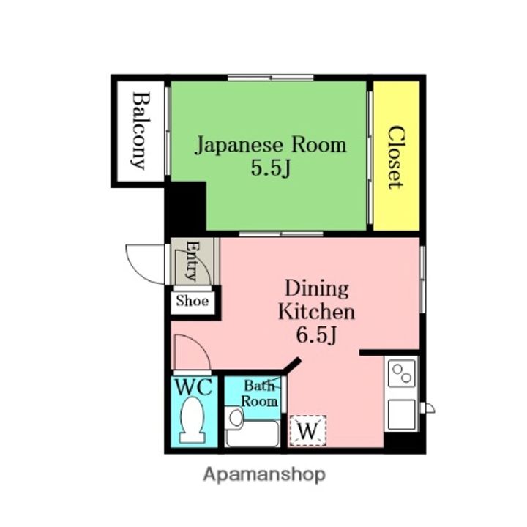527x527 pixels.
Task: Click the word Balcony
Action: [141, 131]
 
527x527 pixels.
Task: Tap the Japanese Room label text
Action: [271, 145]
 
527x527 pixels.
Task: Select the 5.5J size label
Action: [271, 168]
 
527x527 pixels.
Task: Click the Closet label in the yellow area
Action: [396, 157]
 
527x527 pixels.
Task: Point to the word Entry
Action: [193, 260]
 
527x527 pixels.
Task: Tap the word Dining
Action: [317, 289]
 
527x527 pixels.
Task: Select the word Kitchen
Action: [317, 312]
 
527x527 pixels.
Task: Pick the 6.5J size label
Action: [316, 334]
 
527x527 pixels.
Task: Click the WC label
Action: [194, 387]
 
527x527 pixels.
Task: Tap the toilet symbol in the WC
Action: [193, 420]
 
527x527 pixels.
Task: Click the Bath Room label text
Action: [260, 394]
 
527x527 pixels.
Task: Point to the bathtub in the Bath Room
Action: [253, 433]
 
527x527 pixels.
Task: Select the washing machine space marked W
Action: [308, 431]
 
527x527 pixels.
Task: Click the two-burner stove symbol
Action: [402, 373]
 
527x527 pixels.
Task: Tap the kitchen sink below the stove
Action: [402, 415]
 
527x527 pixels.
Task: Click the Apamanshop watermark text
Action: [264, 475]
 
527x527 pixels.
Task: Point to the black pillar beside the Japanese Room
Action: [185, 206]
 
